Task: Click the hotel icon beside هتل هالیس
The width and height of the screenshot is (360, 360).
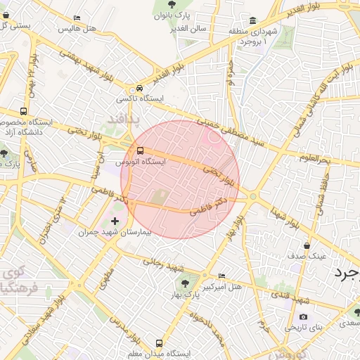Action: (77, 18)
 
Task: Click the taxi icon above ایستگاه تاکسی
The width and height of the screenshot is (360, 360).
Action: (141, 89)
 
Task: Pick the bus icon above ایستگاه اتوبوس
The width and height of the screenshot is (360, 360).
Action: (141, 150)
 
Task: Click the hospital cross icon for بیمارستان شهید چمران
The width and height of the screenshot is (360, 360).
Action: (115, 221)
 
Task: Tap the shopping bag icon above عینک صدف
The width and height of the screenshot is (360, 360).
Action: (307, 245)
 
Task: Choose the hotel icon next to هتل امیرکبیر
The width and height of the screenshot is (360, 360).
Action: (223, 276)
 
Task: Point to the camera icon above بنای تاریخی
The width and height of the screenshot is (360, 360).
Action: (304, 317)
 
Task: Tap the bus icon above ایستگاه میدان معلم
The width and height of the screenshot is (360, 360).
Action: (159, 344)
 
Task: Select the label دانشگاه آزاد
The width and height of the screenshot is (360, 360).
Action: (25, 131)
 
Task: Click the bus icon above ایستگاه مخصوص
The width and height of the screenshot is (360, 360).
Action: (25, 111)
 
